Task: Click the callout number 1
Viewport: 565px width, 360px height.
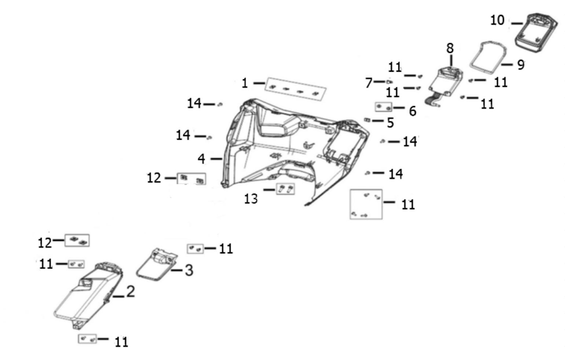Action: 245,84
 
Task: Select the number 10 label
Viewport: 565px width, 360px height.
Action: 497,20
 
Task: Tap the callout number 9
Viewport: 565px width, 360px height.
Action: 520,65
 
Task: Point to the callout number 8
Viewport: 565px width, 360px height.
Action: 450,48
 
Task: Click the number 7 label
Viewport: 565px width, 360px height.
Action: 368,82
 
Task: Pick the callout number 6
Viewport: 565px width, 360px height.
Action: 413,111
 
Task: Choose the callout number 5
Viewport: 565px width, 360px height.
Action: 390,122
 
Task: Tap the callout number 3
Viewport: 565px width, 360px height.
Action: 189,271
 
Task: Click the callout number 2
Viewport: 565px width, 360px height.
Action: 131,293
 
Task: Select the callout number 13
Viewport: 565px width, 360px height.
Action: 250,198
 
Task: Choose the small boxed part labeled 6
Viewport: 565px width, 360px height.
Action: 384,107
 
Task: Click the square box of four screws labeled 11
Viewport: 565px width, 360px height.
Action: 366,204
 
